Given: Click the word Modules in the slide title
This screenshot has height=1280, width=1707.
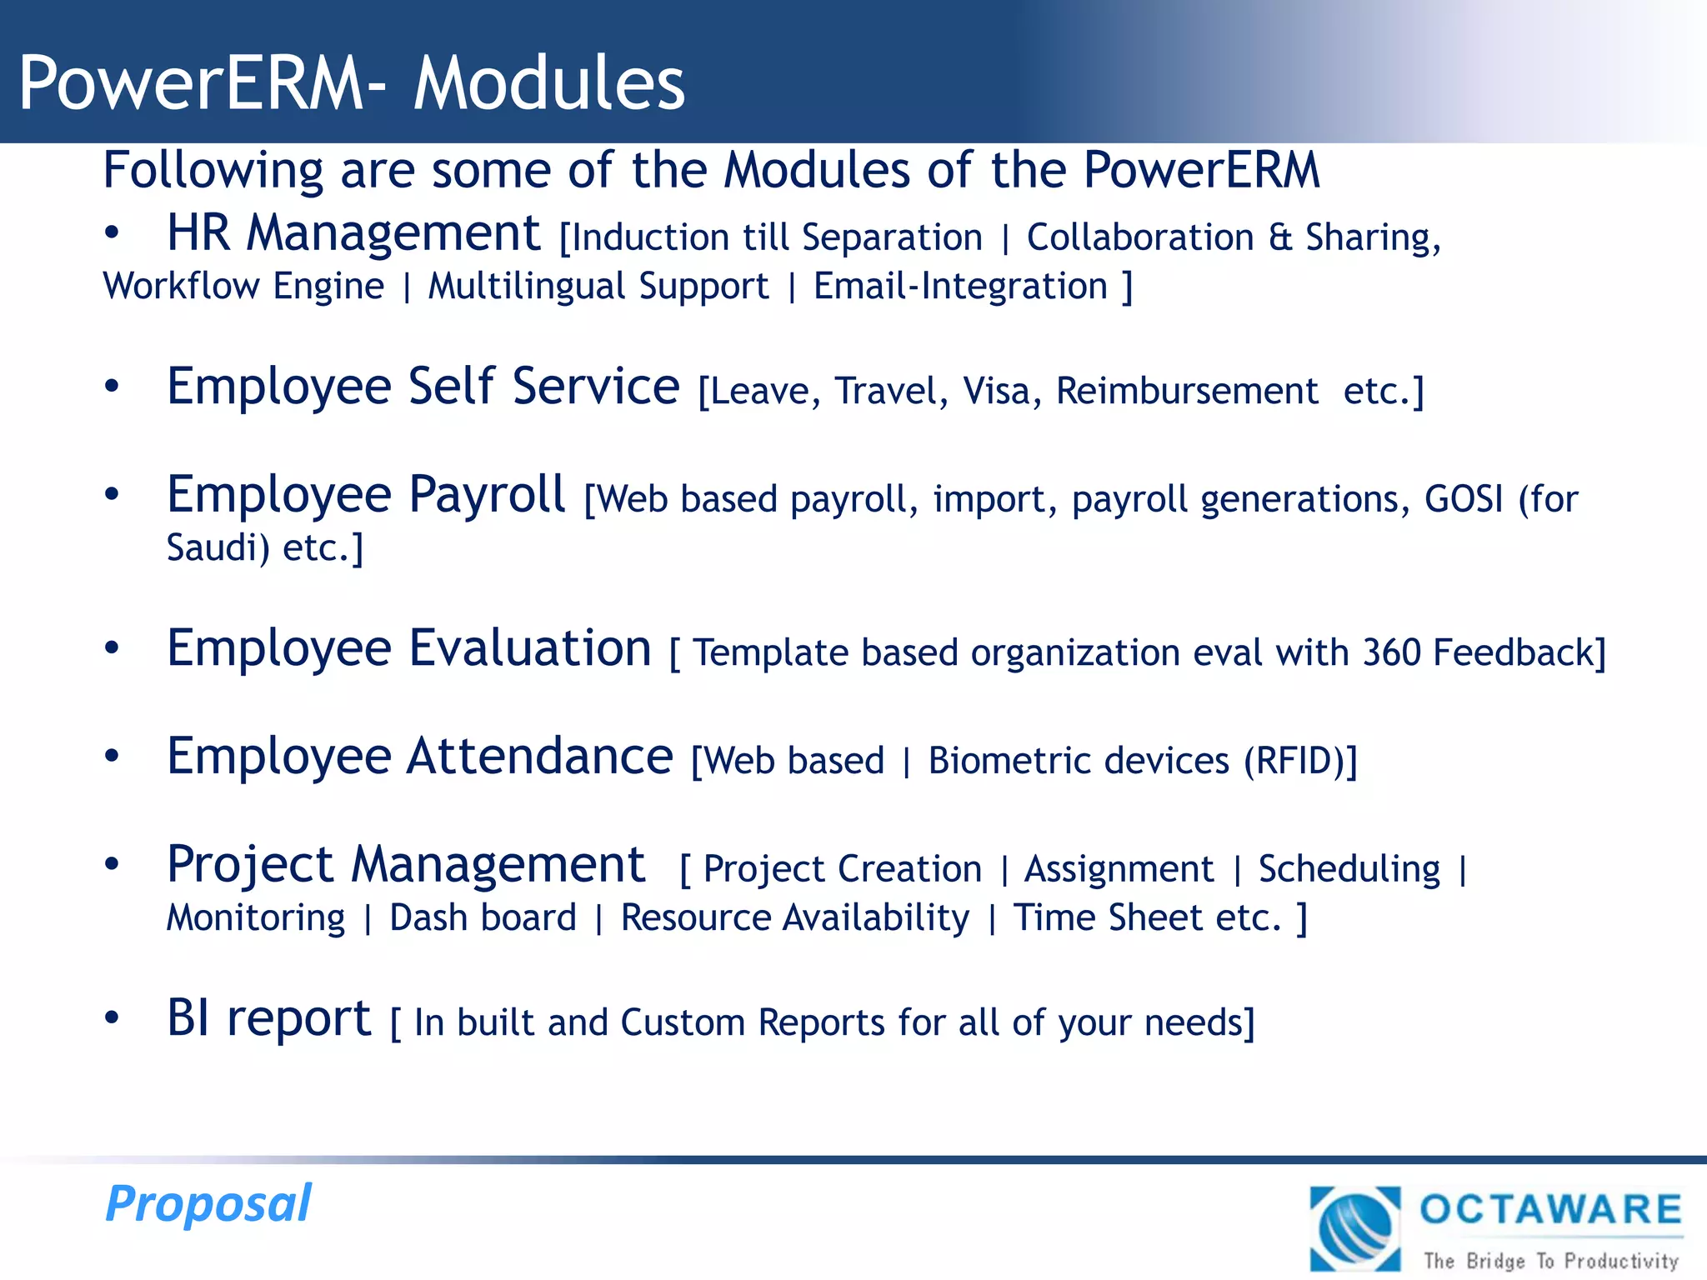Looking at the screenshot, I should pyautogui.click(x=549, y=82).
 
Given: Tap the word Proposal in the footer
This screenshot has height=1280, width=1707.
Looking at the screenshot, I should pyautogui.click(x=208, y=1204).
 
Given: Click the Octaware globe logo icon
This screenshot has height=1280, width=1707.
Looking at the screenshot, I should pyautogui.click(x=1355, y=1229).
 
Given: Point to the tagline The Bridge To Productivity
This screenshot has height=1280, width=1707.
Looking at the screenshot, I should pyautogui.click(x=1550, y=1260).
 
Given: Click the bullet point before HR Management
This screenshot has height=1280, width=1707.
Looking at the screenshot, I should pyautogui.click(x=112, y=234).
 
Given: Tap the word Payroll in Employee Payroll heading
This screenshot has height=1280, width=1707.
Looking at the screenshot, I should pyautogui.click(x=488, y=494).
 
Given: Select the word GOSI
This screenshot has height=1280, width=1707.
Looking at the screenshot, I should pyautogui.click(x=1464, y=499).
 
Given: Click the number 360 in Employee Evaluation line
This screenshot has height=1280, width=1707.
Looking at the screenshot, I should pyautogui.click(x=1391, y=652).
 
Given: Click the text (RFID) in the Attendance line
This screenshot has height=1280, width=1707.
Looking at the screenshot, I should pyautogui.click(x=1296, y=761).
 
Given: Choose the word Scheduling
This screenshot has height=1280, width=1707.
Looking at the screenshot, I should pyautogui.click(x=1349, y=869).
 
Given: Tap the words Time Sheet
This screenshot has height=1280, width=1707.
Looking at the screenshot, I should pyautogui.click(x=1109, y=918).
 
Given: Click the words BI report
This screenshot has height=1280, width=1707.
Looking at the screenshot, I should pyautogui.click(x=268, y=1018).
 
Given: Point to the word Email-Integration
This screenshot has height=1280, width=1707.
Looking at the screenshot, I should pyautogui.click(x=960, y=287).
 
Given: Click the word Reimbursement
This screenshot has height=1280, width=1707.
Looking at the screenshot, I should pyautogui.click(x=1187, y=391).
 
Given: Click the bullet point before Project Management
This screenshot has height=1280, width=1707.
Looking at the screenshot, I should pyautogui.click(x=112, y=865).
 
